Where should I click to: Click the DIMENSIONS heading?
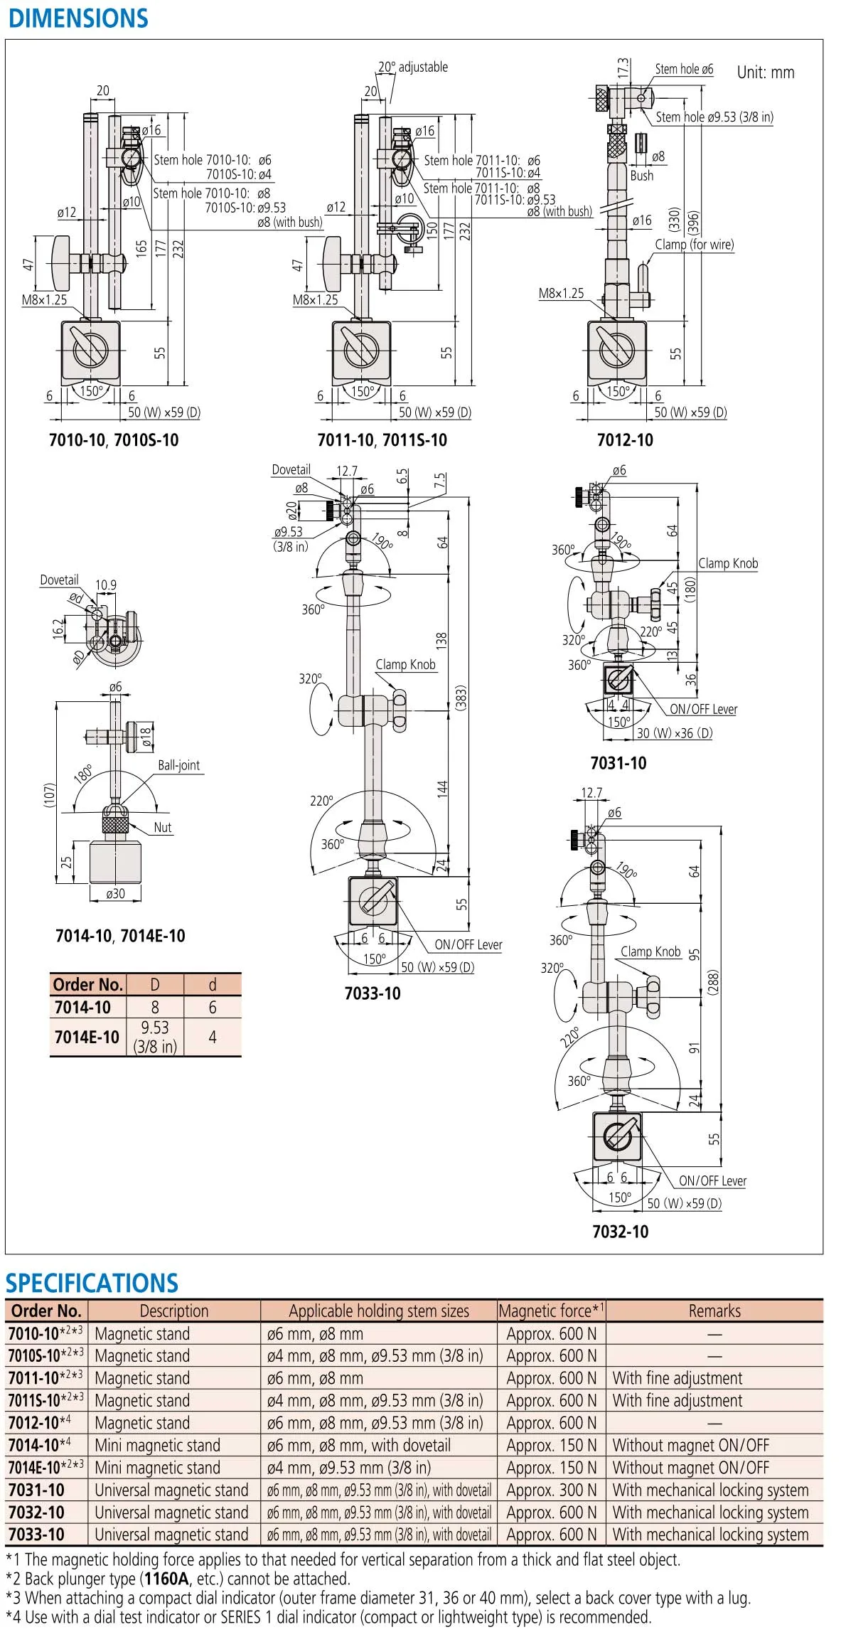click(x=78, y=18)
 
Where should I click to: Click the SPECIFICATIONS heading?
click(x=92, y=1283)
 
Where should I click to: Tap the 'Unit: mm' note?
click(x=765, y=73)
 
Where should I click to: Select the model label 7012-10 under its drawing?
click(x=625, y=440)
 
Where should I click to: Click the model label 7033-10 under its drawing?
click(x=373, y=993)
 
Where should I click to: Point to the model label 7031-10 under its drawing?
click(x=618, y=763)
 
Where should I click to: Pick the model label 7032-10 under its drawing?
click(x=621, y=1232)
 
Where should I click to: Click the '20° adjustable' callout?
click(x=413, y=67)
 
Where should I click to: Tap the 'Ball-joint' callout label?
click(x=178, y=765)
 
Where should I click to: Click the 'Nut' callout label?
click(x=163, y=827)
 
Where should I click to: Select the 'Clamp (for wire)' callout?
click(x=694, y=245)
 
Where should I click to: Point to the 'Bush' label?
click(x=641, y=176)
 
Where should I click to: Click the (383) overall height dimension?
click(x=461, y=698)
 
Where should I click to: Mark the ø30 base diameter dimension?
click(x=115, y=894)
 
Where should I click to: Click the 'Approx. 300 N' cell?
click(x=551, y=1490)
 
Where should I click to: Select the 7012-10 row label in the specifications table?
click(x=34, y=1423)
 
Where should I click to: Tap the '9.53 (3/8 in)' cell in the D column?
click(x=155, y=1037)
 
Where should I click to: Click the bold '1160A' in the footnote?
click(x=167, y=1579)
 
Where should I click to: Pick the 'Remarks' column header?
click(x=714, y=1311)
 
